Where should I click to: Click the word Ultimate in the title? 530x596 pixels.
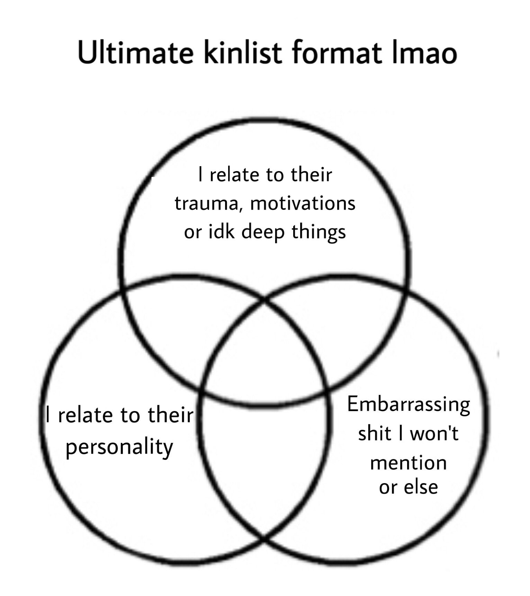click(135, 53)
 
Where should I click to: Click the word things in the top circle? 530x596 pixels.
click(318, 232)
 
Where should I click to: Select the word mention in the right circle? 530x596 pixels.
click(408, 463)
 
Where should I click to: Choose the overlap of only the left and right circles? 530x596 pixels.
click(264, 468)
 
